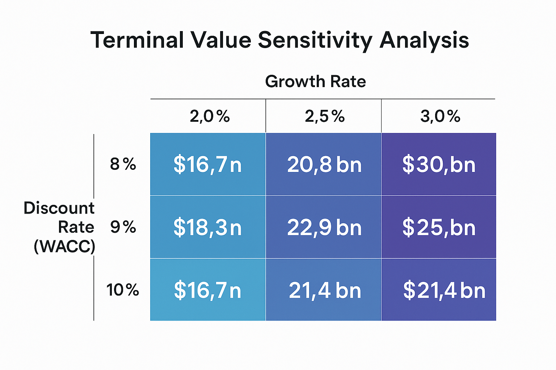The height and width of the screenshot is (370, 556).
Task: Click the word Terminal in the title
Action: pyautogui.click(x=137, y=40)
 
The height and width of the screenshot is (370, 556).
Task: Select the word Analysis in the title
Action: pyautogui.click(x=424, y=40)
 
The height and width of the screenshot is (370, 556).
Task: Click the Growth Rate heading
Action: pyautogui.click(x=315, y=82)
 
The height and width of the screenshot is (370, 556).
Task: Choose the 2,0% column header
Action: pyautogui.click(x=210, y=116)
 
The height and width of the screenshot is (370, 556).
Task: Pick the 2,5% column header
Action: pyautogui.click(x=325, y=116)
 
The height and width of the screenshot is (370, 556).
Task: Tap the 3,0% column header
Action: pyautogui.click(x=440, y=116)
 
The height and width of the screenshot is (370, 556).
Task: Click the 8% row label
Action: pyautogui.click(x=123, y=164)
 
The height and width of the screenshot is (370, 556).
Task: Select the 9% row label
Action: pyautogui.click(x=123, y=227)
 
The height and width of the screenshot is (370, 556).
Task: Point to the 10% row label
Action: pyautogui.click(x=123, y=290)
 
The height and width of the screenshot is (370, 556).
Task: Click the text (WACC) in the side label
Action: pyautogui.click(x=64, y=246)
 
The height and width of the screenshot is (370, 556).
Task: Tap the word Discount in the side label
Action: pyautogui.click(x=59, y=208)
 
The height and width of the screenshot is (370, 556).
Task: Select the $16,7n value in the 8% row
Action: pyautogui.click(x=207, y=165)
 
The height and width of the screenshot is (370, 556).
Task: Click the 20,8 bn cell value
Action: pyautogui.click(x=324, y=165)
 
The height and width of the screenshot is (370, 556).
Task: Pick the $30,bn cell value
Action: pyautogui.click(x=439, y=165)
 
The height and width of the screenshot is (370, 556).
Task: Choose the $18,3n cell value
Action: pyautogui.click(x=207, y=228)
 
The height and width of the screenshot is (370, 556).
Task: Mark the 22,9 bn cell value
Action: pyautogui.click(x=324, y=228)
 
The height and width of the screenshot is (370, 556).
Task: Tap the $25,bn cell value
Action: pyautogui.click(x=439, y=228)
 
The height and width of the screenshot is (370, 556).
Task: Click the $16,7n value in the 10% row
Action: pyautogui.click(x=207, y=290)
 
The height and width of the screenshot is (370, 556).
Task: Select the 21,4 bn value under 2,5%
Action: pyautogui.click(x=325, y=290)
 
